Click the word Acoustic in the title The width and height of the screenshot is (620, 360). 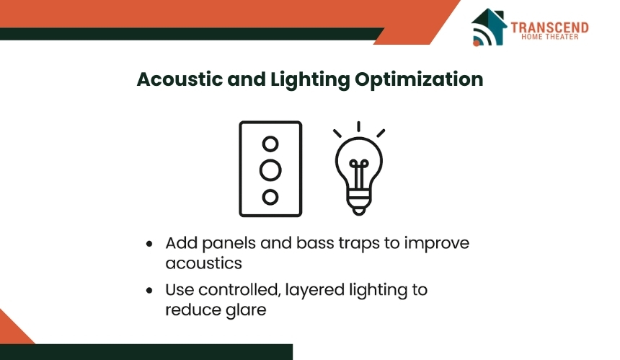pos(180,79)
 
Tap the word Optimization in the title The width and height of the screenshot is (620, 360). pos(419,80)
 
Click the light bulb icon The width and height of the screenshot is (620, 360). pos(358,169)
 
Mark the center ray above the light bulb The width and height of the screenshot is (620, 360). pos(358,126)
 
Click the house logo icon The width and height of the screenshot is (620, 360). pos(489,27)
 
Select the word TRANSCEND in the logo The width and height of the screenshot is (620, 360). pos(549,27)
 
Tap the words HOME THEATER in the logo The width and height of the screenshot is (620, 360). pos(549,37)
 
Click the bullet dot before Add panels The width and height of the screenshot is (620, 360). pos(149,244)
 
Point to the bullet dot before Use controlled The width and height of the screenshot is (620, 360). pos(149,290)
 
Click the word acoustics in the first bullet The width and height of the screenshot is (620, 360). pos(203,263)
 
